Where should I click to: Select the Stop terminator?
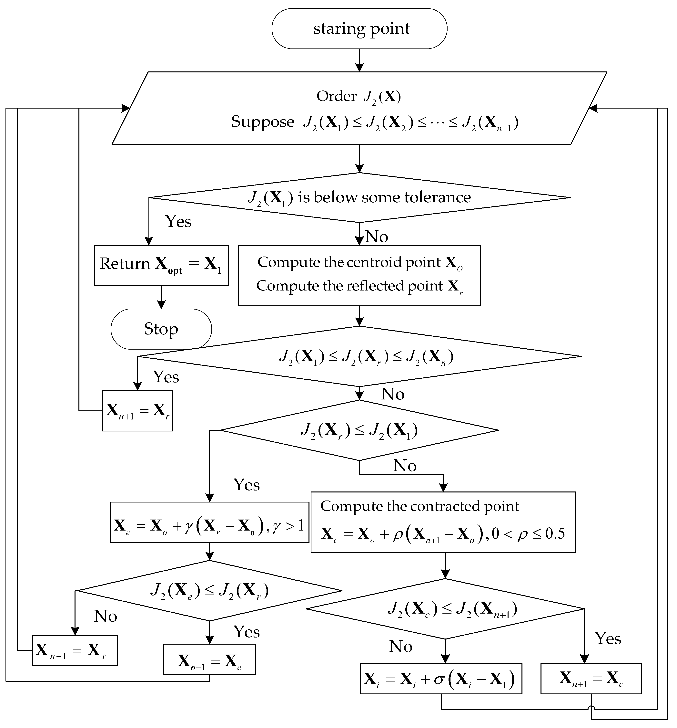click(x=161, y=329)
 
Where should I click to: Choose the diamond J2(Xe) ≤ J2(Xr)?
click(x=209, y=590)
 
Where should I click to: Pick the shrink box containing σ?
click(x=441, y=678)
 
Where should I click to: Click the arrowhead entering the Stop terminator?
click(x=161, y=305)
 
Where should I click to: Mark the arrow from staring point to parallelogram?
click(x=359, y=60)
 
